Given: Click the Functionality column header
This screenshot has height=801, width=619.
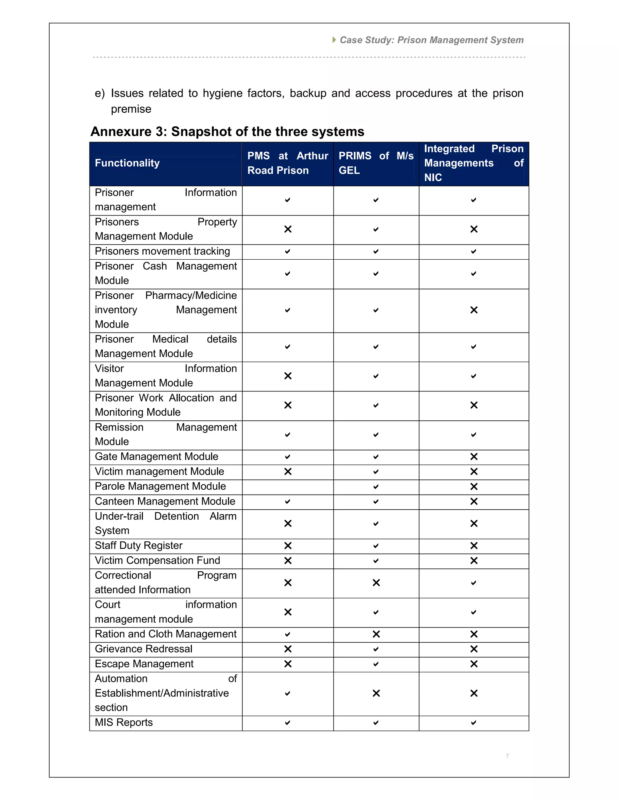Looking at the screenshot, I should [127, 163].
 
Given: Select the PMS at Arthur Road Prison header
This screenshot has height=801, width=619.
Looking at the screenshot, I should [287, 163].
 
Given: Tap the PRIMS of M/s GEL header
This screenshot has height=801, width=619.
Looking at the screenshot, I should [376, 163].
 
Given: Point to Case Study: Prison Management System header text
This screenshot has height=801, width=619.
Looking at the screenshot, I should [431, 40].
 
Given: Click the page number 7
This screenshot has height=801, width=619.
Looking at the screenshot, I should [507, 756].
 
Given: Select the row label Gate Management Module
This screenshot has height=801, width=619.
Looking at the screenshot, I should [157, 457].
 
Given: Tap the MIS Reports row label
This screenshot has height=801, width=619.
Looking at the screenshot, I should [124, 722].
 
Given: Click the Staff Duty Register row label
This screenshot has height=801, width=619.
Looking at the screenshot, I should [139, 546].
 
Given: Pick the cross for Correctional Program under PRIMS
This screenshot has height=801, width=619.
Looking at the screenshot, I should [376, 583].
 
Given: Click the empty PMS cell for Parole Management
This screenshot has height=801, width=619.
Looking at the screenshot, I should [287, 487].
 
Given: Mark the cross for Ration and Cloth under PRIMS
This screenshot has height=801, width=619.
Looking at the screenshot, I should [376, 634].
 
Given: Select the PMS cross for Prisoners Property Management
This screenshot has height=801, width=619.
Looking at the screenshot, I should [288, 229].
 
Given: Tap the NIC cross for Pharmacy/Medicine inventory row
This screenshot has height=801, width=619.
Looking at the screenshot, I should [474, 310].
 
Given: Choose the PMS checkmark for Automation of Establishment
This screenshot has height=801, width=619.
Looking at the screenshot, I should [287, 693].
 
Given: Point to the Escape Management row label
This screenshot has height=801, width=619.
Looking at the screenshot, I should [144, 664].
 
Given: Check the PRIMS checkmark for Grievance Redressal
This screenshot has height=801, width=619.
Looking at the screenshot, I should [376, 649].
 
